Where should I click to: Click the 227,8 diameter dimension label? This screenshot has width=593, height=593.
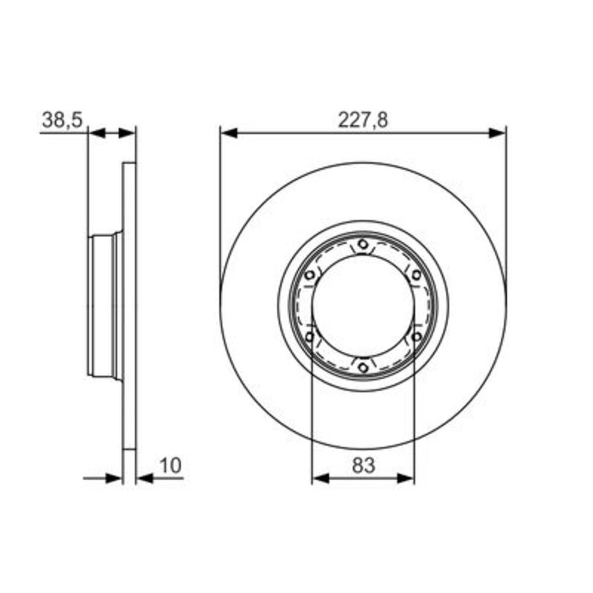(x=363, y=120)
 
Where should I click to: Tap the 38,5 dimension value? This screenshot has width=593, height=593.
(x=61, y=120)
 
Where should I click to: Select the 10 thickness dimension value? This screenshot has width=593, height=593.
(x=170, y=466)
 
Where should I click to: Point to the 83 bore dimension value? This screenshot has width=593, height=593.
(x=363, y=466)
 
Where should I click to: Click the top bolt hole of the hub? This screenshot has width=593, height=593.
(x=363, y=244)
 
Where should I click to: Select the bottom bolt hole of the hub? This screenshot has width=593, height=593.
(x=363, y=368)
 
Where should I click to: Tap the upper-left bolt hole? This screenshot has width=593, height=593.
(x=309, y=275)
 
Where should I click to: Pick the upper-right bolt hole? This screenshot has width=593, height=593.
(x=416, y=275)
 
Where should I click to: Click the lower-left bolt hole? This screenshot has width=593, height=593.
(x=309, y=337)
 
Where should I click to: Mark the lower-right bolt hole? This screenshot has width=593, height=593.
(x=416, y=337)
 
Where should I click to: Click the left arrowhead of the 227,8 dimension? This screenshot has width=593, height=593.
(x=229, y=133)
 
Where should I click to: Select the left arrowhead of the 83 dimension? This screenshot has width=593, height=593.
(x=320, y=478)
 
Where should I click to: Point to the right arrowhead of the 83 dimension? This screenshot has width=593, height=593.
(x=406, y=478)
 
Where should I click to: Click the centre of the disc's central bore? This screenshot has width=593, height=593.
(x=363, y=305)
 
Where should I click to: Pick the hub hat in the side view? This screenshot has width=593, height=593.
(x=104, y=305)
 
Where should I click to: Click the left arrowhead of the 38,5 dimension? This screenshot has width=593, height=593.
(x=97, y=133)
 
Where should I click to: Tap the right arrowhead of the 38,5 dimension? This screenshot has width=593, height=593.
(x=127, y=133)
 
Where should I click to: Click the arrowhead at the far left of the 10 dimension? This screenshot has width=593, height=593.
(x=114, y=478)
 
